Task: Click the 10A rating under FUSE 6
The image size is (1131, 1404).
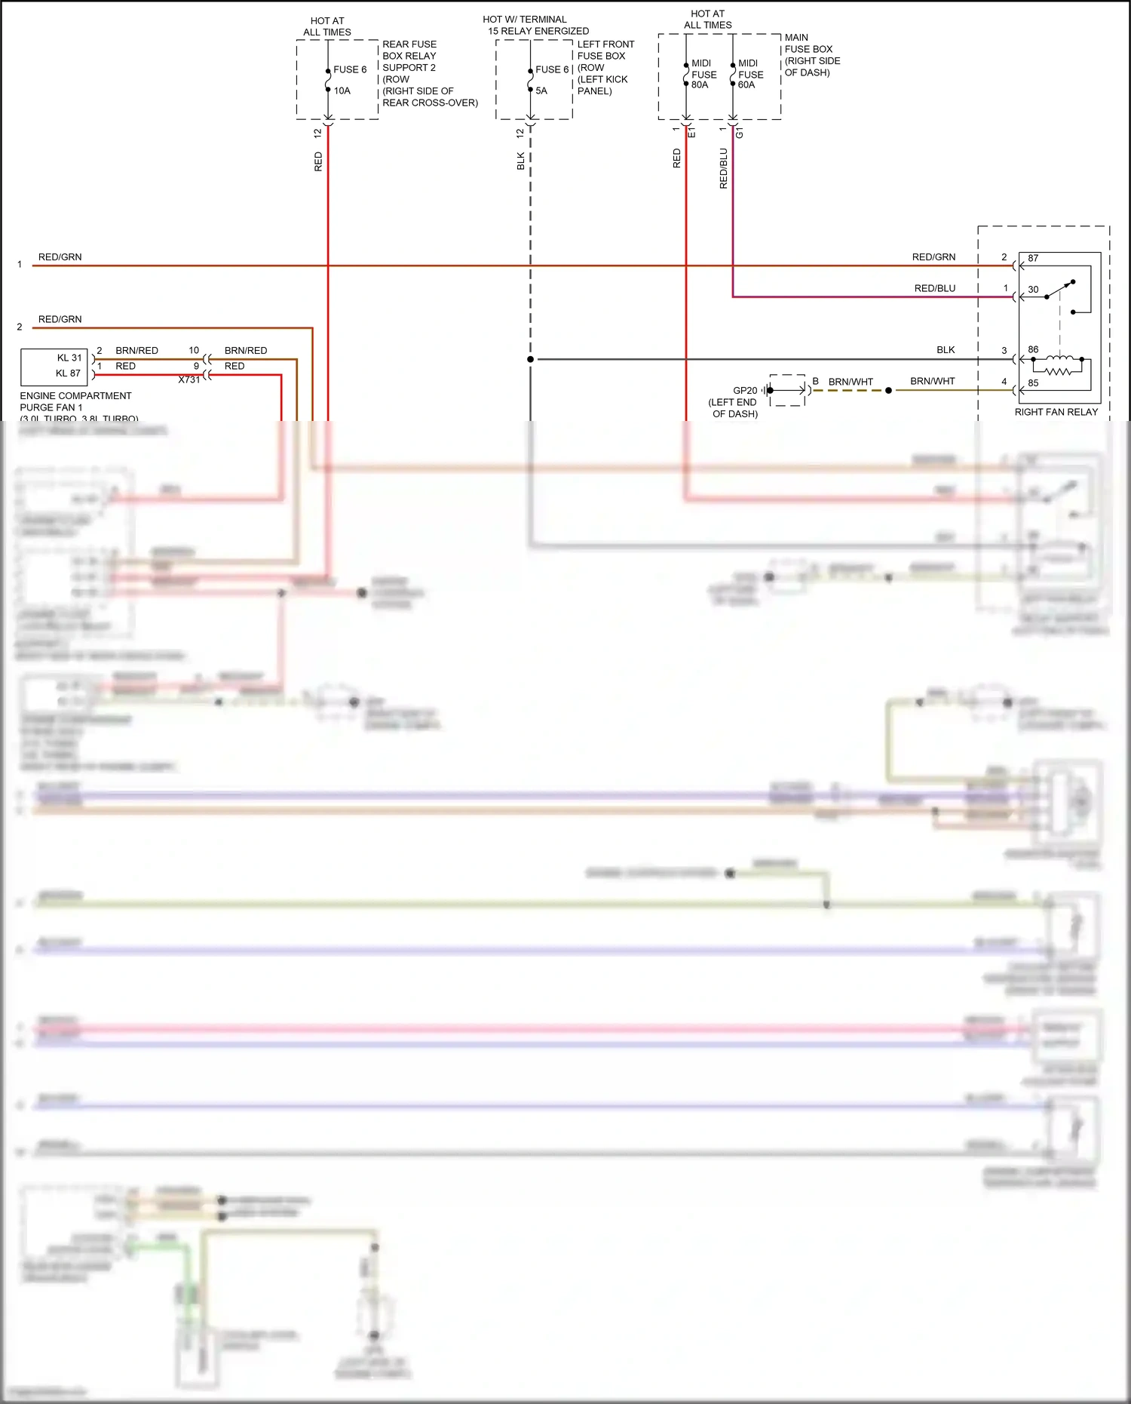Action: [x=342, y=91]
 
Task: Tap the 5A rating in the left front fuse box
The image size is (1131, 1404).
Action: [x=541, y=91]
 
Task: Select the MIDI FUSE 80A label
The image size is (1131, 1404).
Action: [x=703, y=74]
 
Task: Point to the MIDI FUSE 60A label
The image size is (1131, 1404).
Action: [x=750, y=74]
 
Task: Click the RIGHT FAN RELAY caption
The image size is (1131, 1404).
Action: [x=1056, y=412]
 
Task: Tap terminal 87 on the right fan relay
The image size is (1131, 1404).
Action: [x=1033, y=258]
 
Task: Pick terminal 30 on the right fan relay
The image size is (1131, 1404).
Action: [x=1033, y=289]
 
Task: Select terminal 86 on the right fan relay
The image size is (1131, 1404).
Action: [x=1033, y=349]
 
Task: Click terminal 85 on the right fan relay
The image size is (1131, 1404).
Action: [x=1033, y=382]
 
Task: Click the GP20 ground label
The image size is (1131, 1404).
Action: [x=745, y=390]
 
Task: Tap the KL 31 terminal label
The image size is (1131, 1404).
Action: [x=69, y=358]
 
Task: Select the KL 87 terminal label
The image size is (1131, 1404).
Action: [x=68, y=373]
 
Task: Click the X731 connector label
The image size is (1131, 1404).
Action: [x=189, y=379]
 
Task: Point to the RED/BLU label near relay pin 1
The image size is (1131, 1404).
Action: [x=935, y=288]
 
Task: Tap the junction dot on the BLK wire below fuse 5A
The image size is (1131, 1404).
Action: [x=531, y=359]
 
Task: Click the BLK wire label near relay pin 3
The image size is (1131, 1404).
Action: [x=946, y=350]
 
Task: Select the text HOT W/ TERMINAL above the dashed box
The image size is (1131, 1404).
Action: [x=525, y=20]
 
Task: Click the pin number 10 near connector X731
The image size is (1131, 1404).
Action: [x=194, y=350]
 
